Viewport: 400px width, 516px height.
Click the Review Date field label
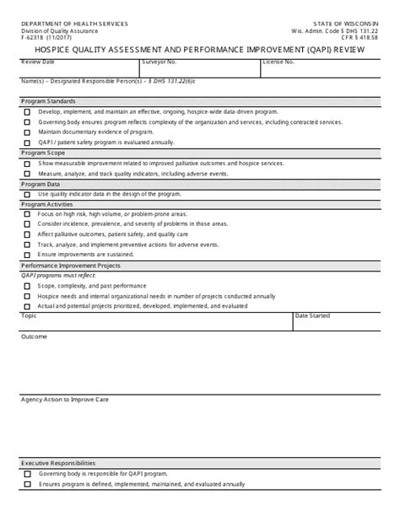pos(37,62)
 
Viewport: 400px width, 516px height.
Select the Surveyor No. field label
pos(159,62)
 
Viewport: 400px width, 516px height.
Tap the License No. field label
pos(279,62)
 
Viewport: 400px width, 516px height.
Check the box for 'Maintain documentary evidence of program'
pos(28,132)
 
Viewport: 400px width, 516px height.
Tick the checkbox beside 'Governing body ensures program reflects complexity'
pos(28,122)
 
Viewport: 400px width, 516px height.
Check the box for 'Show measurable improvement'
pos(28,164)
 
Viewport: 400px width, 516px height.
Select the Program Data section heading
pos(41,183)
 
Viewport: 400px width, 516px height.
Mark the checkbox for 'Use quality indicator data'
pos(28,194)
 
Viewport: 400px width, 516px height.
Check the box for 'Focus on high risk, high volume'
pos(28,214)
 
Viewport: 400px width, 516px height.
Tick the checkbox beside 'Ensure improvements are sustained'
pos(28,254)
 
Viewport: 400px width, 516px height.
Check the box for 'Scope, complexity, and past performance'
pos(28,286)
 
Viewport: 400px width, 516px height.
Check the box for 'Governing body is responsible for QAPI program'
pos(28,474)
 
